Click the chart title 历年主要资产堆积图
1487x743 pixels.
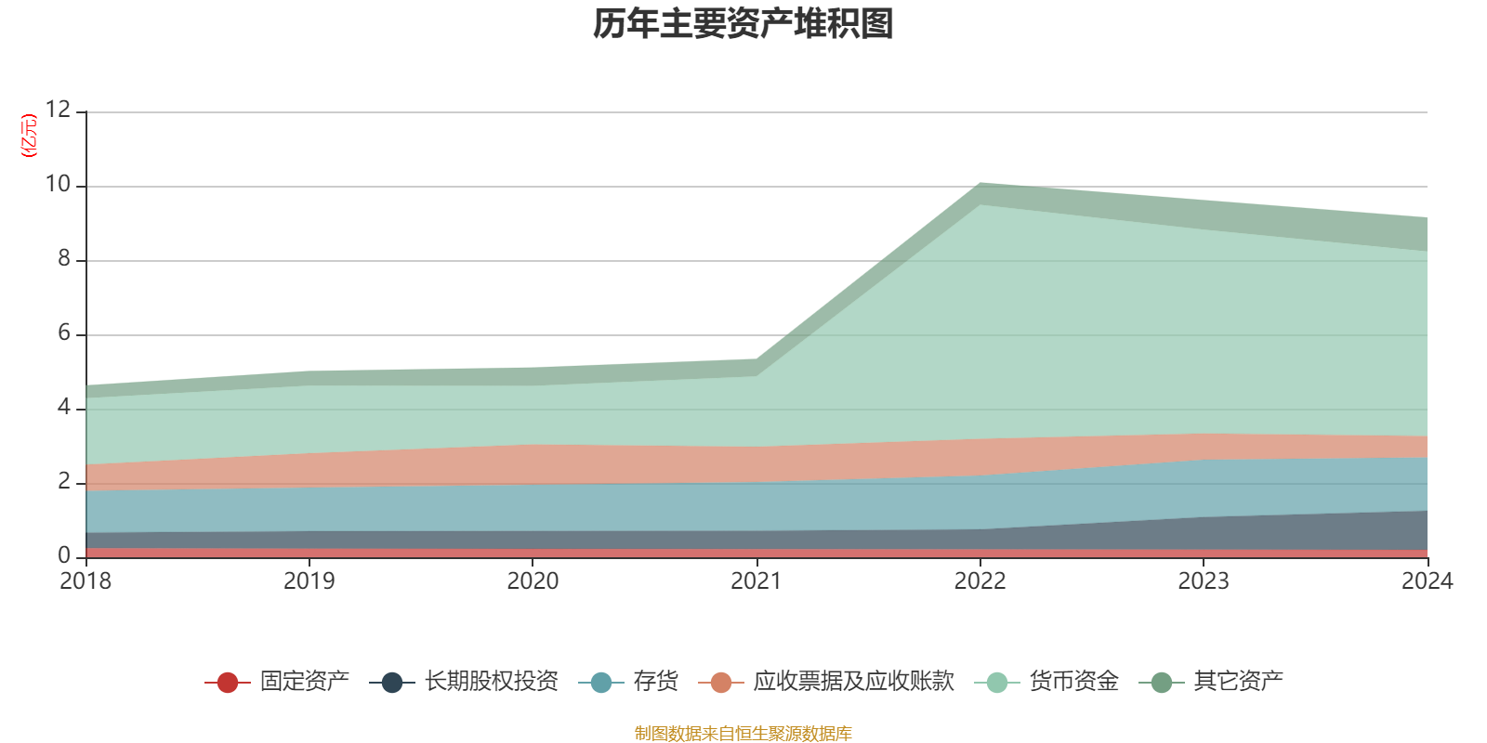[x=743, y=24]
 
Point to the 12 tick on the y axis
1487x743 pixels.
[x=58, y=111]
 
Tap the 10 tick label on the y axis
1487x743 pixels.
[x=58, y=185]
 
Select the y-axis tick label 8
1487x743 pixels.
[x=64, y=259]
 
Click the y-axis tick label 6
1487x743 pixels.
[x=64, y=333]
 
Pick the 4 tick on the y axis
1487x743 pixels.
[x=64, y=408]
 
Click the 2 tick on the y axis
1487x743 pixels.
[x=64, y=482]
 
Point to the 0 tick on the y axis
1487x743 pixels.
[x=64, y=555]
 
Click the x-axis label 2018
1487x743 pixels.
[x=86, y=581]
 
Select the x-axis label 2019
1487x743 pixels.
[x=309, y=581]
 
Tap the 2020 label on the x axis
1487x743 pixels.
[x=533, y=581]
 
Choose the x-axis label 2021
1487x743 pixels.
[x=757, y=581]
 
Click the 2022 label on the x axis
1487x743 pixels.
[x=980, y=581]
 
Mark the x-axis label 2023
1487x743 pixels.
[x=1204, y=581]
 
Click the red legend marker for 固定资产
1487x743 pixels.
[x=228, y=683]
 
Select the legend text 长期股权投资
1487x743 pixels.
[x=492, y=682]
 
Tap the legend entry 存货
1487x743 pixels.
[x=655, y=682]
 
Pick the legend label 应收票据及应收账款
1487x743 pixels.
[x=853, y=682]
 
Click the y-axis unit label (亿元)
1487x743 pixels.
[x=30, y=136]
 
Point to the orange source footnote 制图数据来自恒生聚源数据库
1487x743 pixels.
[x=743, y=734]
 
